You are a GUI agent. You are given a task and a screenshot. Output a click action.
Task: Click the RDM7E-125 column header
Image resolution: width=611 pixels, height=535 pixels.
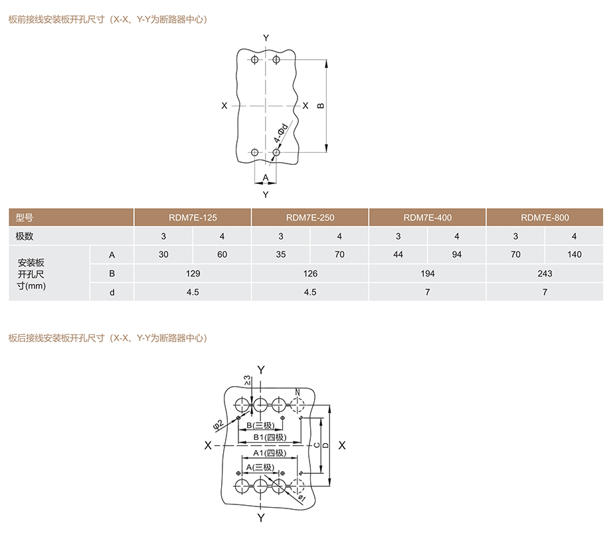pyautogui.click(x=193, y=217)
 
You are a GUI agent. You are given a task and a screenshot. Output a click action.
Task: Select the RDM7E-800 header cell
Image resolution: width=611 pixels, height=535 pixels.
pyautogui.click(x=545, y=217)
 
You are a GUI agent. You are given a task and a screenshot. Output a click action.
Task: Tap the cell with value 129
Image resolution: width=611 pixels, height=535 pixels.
pyautogui.click(x=193, y=273)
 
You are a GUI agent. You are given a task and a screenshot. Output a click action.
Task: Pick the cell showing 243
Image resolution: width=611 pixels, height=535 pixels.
pyautogui.click(x=545, y=273)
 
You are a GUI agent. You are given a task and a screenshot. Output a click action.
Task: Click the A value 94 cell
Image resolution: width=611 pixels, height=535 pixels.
pyautogui.click(x=457, y=255)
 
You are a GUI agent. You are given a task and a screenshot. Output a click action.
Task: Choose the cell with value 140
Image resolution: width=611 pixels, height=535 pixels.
pyautogui.click(x=574, y=255)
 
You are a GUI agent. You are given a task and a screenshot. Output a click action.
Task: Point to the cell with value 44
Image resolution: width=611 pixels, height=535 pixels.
pyautogui.click(x=398, y=255)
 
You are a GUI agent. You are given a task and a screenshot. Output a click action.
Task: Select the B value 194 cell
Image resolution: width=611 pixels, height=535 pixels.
pyautogui.click(x=428, y=273)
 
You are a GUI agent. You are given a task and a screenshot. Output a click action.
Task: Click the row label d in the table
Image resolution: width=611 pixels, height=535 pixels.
pyautogui.click(x=112, y=292)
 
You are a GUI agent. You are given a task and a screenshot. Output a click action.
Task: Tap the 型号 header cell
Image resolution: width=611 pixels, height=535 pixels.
pyautogui.click(x=71, y=217)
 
